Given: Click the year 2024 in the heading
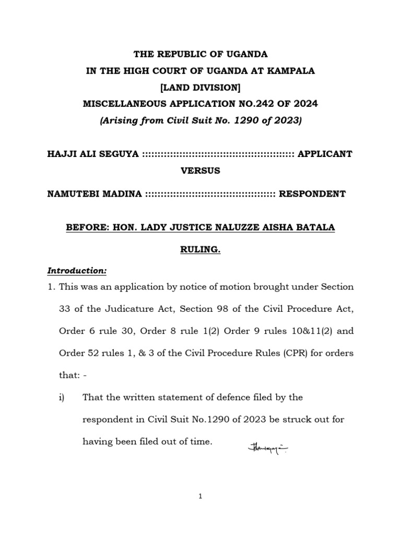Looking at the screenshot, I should point(306,104).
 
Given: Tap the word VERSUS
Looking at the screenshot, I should point(200,171).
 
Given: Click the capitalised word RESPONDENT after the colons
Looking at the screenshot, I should point(313,194).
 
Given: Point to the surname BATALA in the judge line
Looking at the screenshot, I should point(317,227).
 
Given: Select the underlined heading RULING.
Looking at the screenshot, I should point(200,250).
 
